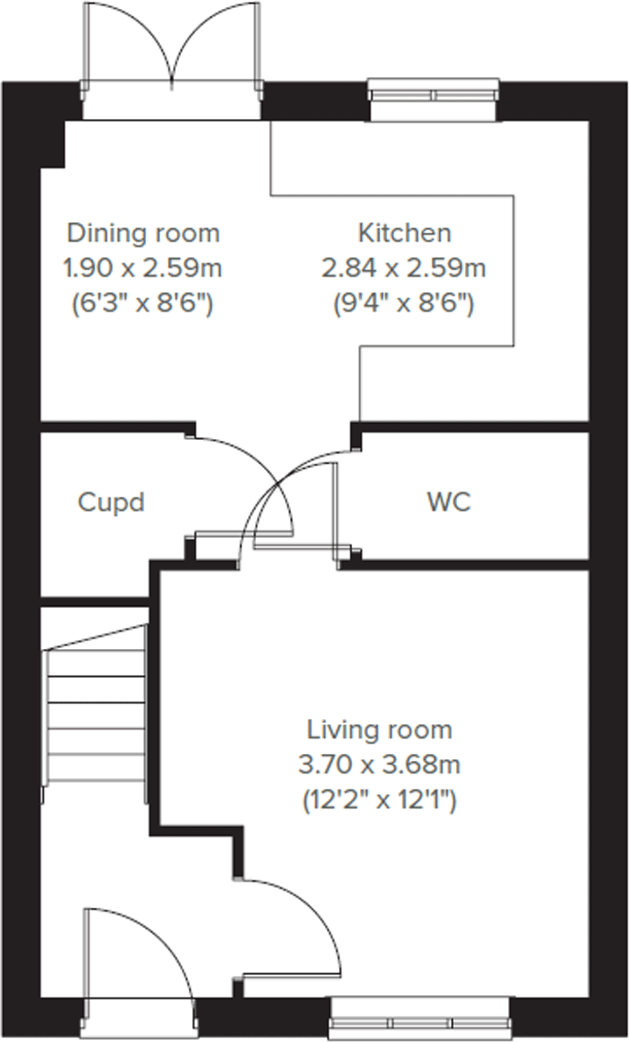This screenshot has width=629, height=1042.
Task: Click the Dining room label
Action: pos(143,233)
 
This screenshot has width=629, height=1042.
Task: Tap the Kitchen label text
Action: pos(404,233)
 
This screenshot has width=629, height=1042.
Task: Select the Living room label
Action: pos(379,729)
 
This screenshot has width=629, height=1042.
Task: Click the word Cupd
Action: pos(111,502)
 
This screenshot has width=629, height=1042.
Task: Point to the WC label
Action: pos(449,502)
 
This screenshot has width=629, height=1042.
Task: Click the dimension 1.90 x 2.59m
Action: pos(143,268)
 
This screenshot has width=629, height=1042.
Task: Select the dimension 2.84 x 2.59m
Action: pos(404,268)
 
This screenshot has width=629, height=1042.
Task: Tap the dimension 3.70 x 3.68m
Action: pos(379,764)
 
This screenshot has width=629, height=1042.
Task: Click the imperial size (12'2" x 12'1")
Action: pos(379,799)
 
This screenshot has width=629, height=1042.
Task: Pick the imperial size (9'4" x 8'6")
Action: pos(404,304)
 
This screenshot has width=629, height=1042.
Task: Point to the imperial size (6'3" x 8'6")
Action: pos(143,304)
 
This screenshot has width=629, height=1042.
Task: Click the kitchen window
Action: pos(434,94)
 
